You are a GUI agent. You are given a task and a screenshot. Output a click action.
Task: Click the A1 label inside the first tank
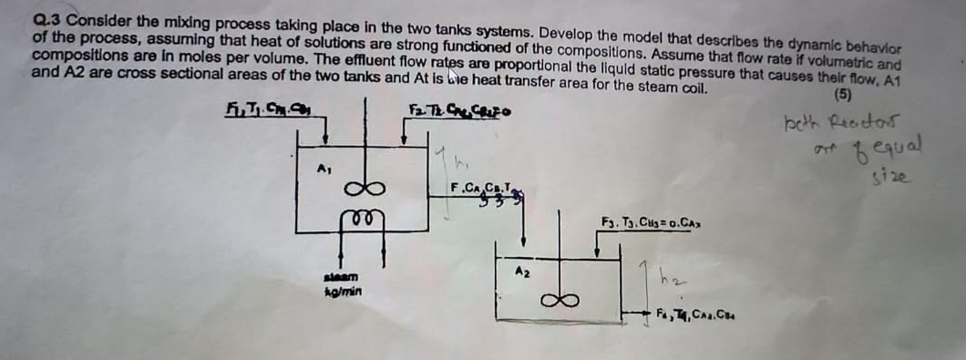[322, 168]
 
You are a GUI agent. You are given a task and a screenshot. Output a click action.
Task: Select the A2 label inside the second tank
[522, 271]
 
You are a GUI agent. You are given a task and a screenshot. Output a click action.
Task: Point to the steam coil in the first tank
[361, 218]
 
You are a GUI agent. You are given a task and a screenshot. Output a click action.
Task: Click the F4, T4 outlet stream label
[701, 315]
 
